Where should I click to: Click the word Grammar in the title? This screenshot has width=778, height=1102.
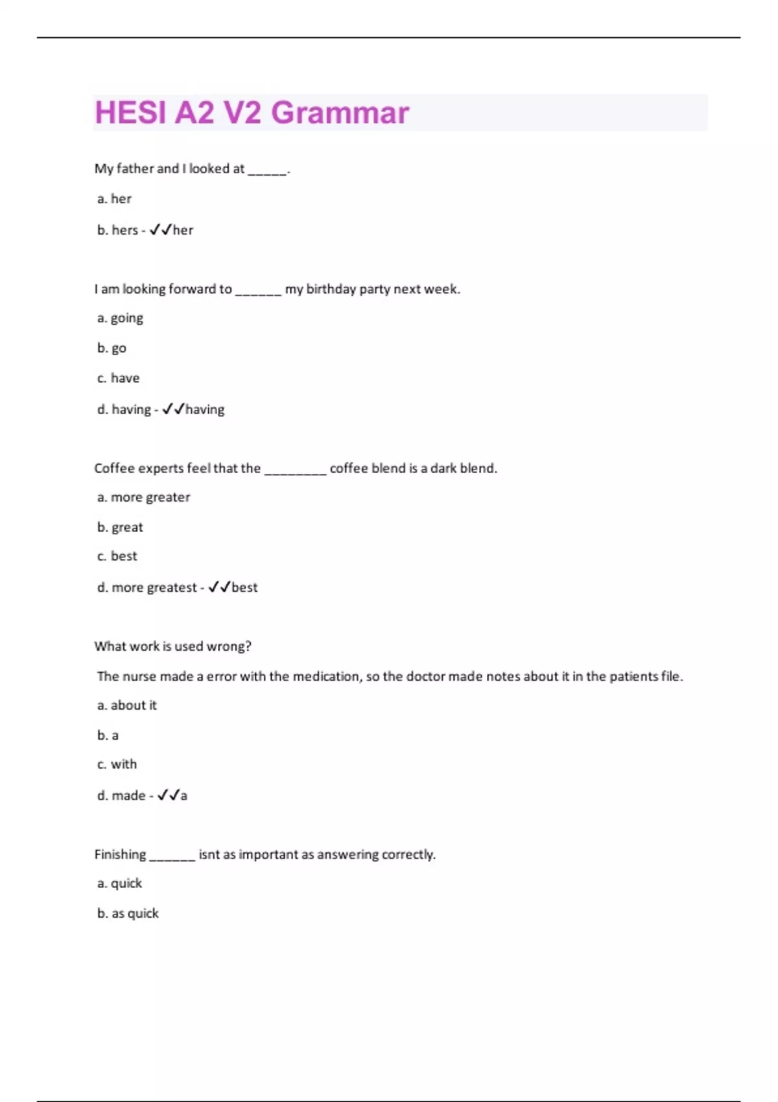pos(340,113)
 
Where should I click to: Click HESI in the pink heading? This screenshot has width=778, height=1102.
pos(130,113)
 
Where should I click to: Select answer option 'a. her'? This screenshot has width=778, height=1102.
pos(114,199)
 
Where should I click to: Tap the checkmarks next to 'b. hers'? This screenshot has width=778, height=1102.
pos(161,230)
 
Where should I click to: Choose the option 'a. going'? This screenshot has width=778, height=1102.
pos(120,318)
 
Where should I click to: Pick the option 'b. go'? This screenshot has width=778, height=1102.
pos(112,348)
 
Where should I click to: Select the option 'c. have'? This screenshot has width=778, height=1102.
pos(118,378)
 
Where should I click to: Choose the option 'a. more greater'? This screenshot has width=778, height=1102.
pos(143,497)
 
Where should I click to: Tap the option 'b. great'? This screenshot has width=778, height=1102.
pos(120,528)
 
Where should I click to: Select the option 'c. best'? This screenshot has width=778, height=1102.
pos(117,556)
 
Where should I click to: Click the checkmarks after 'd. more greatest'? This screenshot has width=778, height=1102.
pos(220,587)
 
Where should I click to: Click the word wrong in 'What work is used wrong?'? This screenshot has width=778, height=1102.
pos(228,646)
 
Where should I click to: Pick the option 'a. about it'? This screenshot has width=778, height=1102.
pos(127,705)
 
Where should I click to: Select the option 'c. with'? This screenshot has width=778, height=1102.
pos(117,764)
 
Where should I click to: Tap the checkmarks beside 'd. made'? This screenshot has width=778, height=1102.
pos(169,795)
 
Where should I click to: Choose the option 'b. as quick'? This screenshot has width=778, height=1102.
pos(128,913)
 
